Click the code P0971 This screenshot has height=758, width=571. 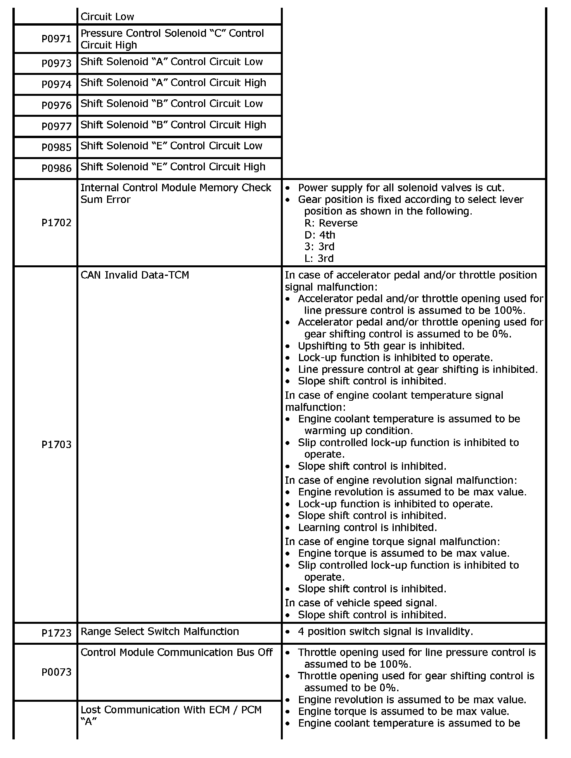tap(57, 39)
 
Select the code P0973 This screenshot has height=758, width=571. tap(57, 63)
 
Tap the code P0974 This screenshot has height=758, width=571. tap(57, 84)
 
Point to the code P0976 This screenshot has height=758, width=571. tap(57, 105)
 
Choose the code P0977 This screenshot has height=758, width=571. tap(57, 126)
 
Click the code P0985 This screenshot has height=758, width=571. tap(57, 147)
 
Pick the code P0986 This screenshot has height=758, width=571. tap(57, 168)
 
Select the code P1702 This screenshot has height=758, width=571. tap(57, 223)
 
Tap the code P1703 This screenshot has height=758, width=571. tap(57, 445)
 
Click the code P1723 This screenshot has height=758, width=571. tap(57, 633)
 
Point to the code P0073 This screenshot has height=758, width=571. tap(57, 672)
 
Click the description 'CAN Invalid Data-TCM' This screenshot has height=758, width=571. tap(135, 275)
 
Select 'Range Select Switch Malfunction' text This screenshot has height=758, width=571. tap(159, 632)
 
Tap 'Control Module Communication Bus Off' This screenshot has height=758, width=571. tap(176, 652)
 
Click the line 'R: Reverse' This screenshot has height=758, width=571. tap(331, 223)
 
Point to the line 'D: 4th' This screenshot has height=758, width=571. tap(320, 235)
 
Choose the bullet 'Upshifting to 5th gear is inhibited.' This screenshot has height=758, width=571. tap(381, 346)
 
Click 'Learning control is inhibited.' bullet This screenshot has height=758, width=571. tap(367, 528)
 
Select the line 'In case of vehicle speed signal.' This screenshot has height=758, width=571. tap(361, 603)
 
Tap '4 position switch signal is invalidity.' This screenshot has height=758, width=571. tap(385, 632)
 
